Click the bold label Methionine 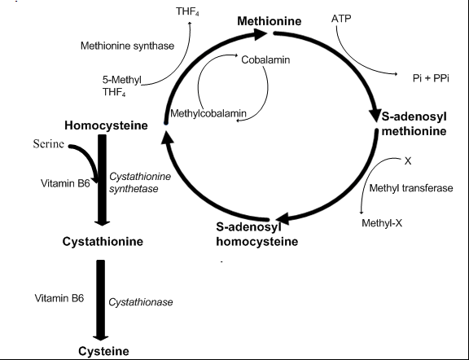[270, 21]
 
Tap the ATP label [341, 19]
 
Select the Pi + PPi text [431, 78]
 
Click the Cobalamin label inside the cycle [265, 59]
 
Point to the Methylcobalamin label [208, 113]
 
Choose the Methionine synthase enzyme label [127, 46]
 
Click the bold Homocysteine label [106, 125]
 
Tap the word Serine [49, 144]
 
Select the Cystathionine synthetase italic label [140, 182]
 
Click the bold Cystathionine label [103, 242]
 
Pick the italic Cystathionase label [141, 302]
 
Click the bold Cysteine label [103, 351]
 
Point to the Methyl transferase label [411, 188]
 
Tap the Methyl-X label [382, 223]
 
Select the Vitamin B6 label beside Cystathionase [59, 298]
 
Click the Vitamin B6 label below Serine [65, 183]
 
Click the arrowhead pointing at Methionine [260, 34]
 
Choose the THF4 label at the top [187, 11]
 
